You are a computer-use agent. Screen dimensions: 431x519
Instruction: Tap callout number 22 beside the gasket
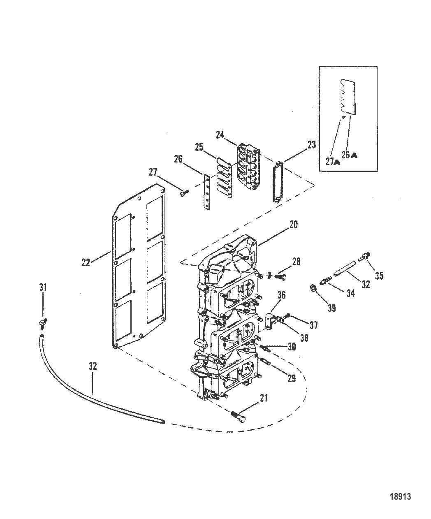86,263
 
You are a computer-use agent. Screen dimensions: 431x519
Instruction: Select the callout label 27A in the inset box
333,162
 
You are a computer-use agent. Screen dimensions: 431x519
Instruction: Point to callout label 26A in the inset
349,155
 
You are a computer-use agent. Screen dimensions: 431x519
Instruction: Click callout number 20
293,225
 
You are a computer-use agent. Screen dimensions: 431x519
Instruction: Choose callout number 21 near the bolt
264,405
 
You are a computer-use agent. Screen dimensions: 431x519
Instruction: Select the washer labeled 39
314,289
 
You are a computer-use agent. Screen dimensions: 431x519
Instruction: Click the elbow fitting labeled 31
43,323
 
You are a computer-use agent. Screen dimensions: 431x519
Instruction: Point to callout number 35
379,276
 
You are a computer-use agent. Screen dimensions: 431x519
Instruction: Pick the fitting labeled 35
364,257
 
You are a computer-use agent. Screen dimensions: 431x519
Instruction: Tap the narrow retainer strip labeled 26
207,191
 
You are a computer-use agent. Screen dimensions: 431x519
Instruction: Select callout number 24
220,135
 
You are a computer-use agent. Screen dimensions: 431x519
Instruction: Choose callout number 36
281,295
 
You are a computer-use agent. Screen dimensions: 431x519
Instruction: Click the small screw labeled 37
288,316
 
